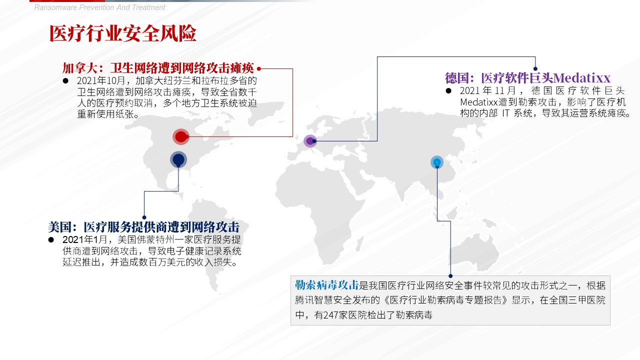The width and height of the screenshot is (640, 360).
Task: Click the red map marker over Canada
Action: point(181,137)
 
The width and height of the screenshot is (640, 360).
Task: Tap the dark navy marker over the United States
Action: point(178,159)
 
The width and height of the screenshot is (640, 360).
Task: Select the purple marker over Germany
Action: point(310,141)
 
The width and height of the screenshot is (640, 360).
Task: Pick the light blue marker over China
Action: point(437,162)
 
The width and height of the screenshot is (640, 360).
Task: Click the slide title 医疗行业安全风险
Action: point(123,33)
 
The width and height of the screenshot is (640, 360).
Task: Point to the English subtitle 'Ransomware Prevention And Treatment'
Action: point(99,7)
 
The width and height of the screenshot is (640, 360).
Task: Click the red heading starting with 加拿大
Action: point(158,68)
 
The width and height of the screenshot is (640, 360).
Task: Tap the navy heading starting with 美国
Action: point(143,227)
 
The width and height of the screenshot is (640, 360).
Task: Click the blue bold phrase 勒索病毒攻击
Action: point(327,285)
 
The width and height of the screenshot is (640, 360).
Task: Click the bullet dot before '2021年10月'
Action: point(65,81)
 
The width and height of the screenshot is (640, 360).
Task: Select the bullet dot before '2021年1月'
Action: point(51,239)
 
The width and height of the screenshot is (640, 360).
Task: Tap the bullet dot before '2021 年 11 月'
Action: point(448,91)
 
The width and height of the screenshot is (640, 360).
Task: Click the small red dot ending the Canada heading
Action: point(259,68)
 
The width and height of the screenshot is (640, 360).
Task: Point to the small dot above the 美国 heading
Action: point(144,217)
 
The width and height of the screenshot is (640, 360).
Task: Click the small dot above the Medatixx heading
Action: point(535,68)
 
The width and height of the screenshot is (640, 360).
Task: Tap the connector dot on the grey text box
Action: point(450,276)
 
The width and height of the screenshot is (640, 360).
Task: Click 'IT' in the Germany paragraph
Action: point(505,113)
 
